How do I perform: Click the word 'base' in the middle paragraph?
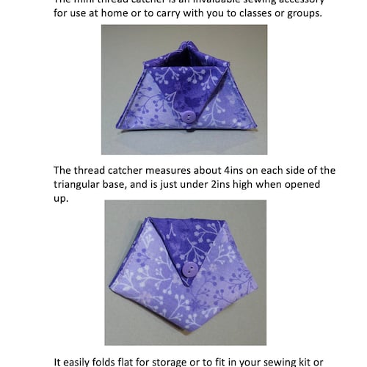pos(131,184)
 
